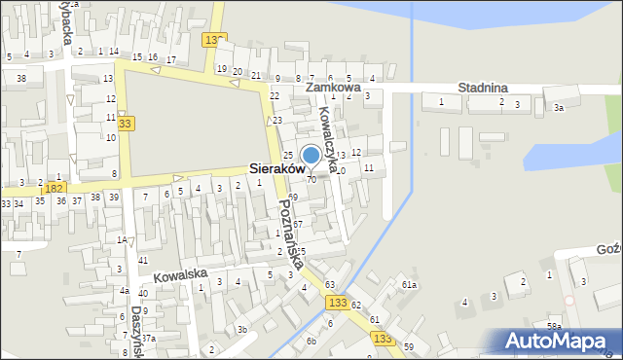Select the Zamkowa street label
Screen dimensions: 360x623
(333, 87)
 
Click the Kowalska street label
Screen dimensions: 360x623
(180, 274)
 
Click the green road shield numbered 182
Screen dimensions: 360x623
(54, 187)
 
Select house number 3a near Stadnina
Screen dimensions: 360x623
(559, 108)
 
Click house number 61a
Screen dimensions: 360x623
(410, 284)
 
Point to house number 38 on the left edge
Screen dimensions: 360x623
(20, 77)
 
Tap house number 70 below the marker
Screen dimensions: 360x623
(311, 180)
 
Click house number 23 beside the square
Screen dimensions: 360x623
(277, 120)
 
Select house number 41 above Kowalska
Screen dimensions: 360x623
(143, 260)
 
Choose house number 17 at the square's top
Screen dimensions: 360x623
(171, 60)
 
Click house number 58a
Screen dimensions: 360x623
(554, 327)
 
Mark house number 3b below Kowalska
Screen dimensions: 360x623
(241, 329)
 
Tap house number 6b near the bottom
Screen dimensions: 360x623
(311, 341)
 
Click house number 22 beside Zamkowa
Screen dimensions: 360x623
(275, 95)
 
